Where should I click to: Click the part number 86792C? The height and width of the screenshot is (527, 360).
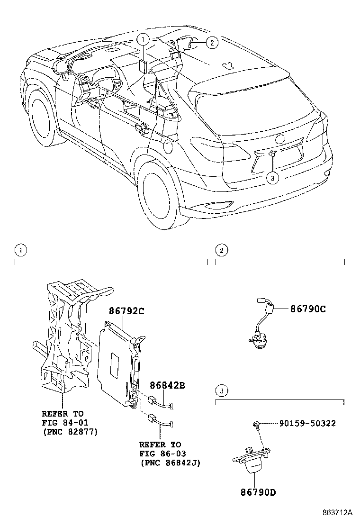[126, 311]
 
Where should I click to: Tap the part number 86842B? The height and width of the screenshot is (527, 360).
[167, 385]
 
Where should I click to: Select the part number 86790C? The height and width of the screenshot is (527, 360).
[308, 309]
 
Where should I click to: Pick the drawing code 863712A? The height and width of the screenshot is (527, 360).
[337, 513]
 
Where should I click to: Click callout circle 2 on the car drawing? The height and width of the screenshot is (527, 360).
[212, 43]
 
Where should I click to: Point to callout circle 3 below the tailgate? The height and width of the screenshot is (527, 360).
[273, 178]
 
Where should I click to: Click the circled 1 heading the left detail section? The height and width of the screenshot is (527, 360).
[19, 250]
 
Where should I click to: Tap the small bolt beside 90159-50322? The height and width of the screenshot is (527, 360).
[256, 425]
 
